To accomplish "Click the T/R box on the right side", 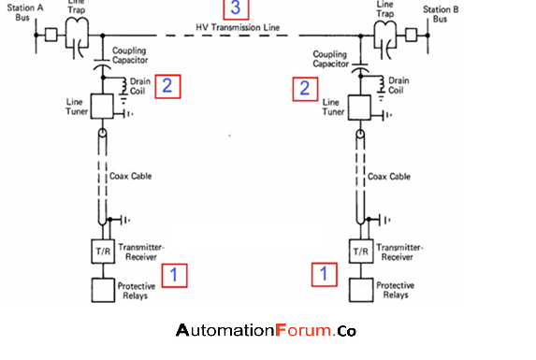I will click(x=359, y=252).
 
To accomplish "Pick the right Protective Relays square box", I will click(x=359, y=291).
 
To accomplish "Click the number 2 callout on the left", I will click(x=167, y=87).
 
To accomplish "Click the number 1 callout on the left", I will click(x=174, y=274).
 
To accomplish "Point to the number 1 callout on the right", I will click(x=325, y=274).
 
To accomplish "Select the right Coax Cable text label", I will click(x=392, y=176).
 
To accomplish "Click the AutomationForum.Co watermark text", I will click(x=266, y=331).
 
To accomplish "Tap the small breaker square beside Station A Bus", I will click(x=51, y=36).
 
